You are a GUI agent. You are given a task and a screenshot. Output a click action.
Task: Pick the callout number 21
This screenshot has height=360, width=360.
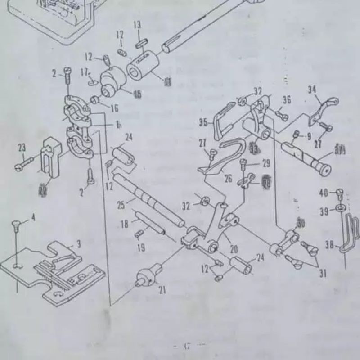point(162,290)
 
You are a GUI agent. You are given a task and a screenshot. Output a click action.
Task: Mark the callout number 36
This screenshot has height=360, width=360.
point(287,100)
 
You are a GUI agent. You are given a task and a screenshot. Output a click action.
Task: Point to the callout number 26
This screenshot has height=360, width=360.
point(228,179)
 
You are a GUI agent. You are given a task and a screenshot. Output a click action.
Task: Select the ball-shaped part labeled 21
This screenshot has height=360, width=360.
point(147,275)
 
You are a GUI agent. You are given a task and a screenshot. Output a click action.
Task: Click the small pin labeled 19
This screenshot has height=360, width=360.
point(139,232)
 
